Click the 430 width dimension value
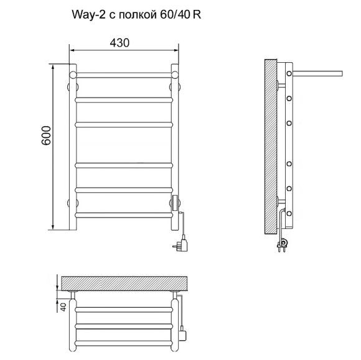coord(120,43)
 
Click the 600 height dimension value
coord(46,136)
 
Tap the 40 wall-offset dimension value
coord(63,307)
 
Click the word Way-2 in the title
coord(88,15)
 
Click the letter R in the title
coord(197,15)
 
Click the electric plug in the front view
coord(180,244)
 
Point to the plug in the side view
coord(282,244)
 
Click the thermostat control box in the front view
coord(175,203)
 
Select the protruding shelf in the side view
coord(317,73)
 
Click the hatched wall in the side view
coord(271,147)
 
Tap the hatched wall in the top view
coord(124,283)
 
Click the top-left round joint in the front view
coord(73,75)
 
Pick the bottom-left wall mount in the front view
coord(73,203)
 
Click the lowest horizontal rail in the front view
coord(124,215)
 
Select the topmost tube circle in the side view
coord(289,73)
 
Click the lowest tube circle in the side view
coord(289,213)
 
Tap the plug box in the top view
coord(183,333)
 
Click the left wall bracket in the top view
coord(73,295)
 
